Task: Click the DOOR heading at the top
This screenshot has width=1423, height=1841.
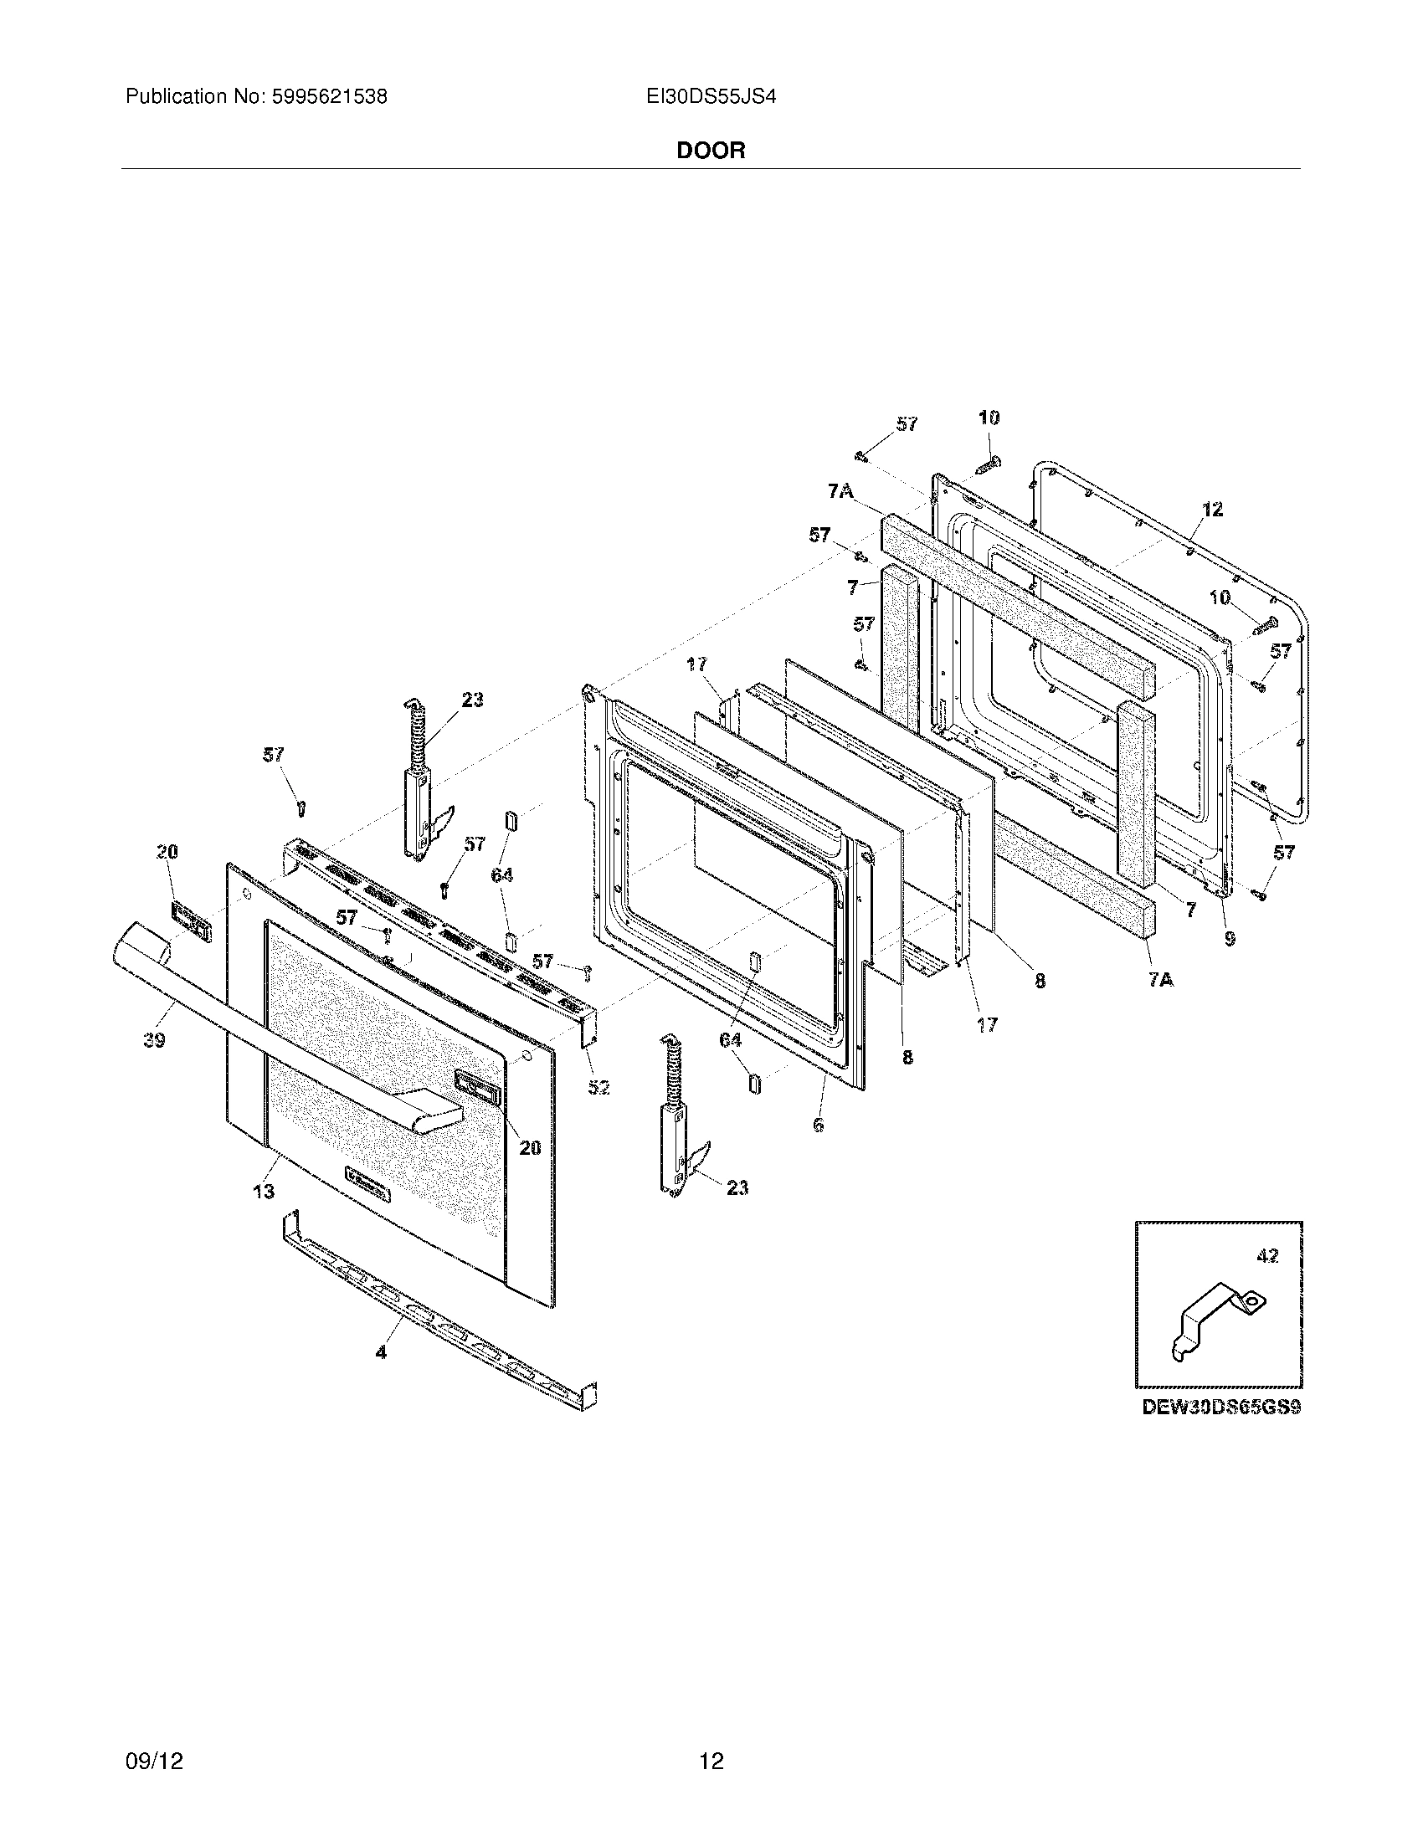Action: point(711,151)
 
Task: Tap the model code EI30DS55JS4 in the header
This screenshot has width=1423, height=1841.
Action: point(711,97)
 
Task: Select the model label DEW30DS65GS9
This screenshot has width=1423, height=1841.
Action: point(1220,1407)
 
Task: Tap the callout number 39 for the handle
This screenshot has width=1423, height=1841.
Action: point(154,1040)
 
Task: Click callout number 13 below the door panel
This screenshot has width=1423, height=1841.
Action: point(264,1191)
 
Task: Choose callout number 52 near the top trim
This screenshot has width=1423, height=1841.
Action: point(598,1087)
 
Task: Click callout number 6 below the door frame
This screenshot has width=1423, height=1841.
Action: point(818,1125)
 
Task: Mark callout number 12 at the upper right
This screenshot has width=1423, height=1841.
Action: point(1212,509)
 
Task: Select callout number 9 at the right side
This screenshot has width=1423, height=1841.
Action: point(1230,937)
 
